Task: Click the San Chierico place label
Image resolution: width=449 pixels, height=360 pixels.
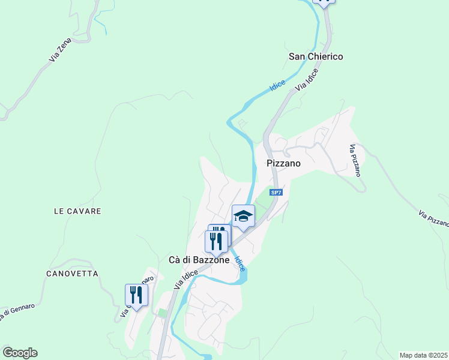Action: tap(316, 56)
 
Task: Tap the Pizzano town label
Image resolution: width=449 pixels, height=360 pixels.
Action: tap(283, 163)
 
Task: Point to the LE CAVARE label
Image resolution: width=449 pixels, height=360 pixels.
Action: tap(77, 211)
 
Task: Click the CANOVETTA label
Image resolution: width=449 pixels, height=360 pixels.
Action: tap(71, 274)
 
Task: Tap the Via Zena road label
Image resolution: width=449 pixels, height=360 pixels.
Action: tap(61, 50)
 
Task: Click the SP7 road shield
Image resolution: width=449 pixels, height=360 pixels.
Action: tap(276, 193)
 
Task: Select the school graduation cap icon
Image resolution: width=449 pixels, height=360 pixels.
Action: tap(244, 216)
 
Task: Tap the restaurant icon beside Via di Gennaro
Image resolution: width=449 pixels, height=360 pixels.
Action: tap(136, 295)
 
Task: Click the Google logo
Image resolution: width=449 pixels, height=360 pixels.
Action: tap(20, 353)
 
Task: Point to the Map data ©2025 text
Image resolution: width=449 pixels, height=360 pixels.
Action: tap(424, 355)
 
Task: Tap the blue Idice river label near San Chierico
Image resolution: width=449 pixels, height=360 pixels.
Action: tap(277, 86)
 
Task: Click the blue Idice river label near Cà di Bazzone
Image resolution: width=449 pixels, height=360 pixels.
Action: tap(240, 264)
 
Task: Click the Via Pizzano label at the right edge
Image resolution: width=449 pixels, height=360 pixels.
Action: tap(434, 218)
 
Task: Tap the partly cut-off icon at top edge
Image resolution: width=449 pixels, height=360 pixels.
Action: tap(324, 2)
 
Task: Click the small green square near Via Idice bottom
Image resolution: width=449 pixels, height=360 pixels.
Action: tap(161, 313)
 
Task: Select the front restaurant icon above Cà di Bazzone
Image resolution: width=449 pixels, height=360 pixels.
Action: tap(215, 241)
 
